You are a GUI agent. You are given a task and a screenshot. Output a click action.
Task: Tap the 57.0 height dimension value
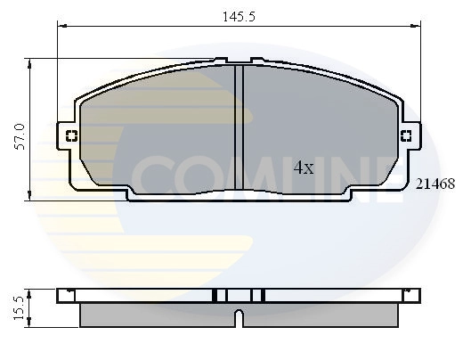click(x=19, y=131)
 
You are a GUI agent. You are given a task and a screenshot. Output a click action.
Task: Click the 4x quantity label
click(x=304, y=167)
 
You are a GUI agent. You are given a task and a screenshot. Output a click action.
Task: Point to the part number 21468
click(x=436, y=184)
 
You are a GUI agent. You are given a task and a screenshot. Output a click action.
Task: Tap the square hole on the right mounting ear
click(x=405, y=136)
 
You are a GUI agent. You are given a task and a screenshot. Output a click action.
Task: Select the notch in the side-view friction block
click(x=239, y=316)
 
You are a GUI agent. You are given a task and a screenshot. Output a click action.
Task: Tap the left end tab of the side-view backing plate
click(x=64, y=295)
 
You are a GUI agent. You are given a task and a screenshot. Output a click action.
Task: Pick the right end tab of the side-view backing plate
click(x=411, y=295)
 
